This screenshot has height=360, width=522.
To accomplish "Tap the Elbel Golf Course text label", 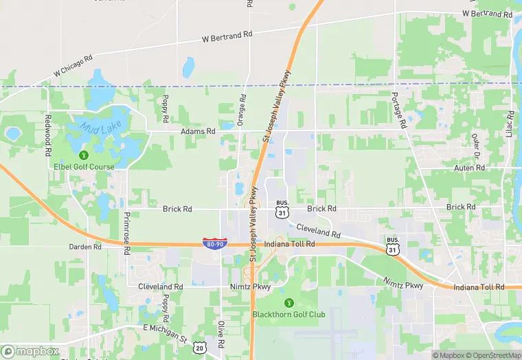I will click(84, 166).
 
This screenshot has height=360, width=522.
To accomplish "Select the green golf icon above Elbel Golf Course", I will click(84, 155).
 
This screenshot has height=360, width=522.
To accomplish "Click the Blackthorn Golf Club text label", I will click(288, 315).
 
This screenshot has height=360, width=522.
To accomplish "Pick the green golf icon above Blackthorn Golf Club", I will click(288, 302).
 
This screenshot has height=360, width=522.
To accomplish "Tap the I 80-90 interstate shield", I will click(214, 243).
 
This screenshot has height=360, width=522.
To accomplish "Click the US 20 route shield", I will click(200, 349).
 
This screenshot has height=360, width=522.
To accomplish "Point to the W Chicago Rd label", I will click(73, 66).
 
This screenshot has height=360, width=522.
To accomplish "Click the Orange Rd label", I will click(241, 110).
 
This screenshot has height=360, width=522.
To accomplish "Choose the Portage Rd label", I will click(395, 104).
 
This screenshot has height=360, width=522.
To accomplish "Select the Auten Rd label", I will click(470, 168).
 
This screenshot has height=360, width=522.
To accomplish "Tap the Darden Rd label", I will click(85, 247).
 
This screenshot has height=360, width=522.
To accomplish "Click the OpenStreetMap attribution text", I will click(492, 355).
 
